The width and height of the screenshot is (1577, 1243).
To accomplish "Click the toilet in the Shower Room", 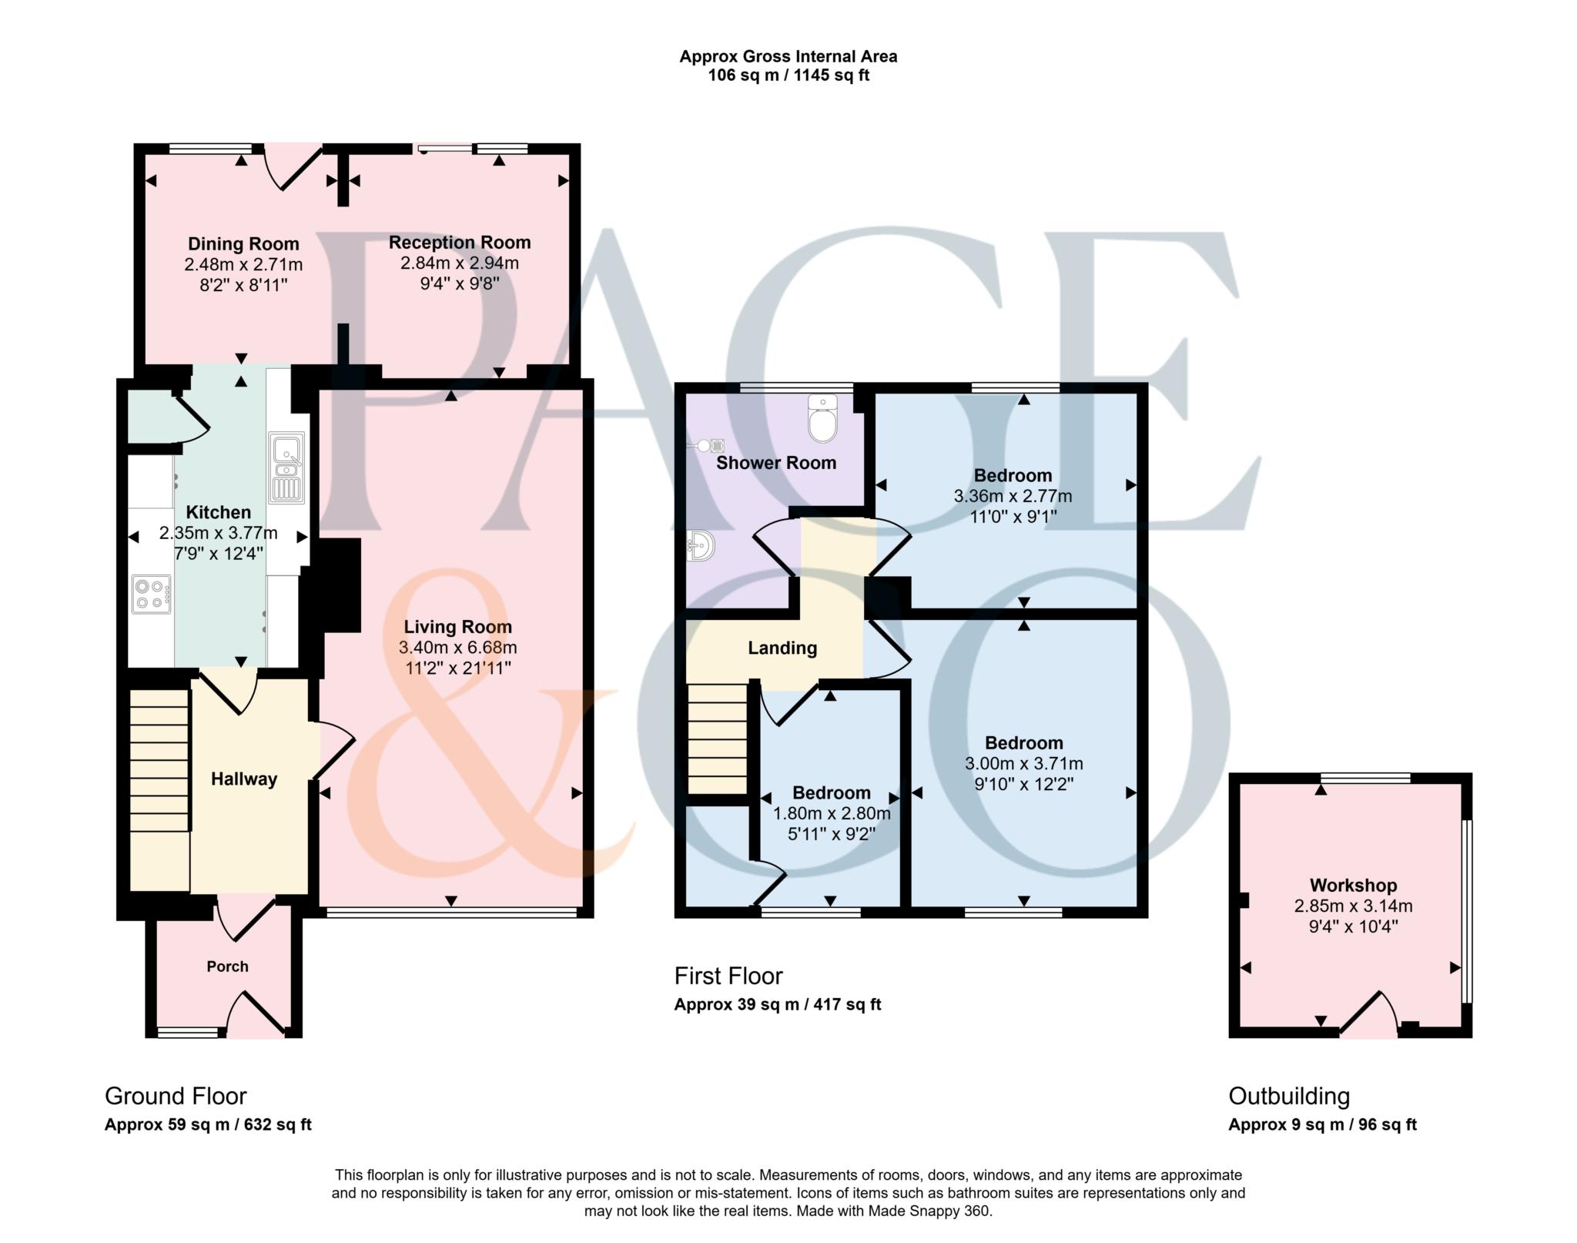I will point(822,420).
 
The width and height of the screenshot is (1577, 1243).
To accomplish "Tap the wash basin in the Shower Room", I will point(701,547).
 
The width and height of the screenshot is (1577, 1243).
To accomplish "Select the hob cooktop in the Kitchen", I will point(151,594).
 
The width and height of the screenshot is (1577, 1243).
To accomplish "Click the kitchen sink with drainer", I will point(286,467).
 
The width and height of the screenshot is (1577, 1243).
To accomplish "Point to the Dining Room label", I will point(243,244).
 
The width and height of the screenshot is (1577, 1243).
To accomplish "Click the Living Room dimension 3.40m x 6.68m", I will point(457,648).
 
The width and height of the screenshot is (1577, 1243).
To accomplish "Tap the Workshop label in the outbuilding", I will point(1353,886).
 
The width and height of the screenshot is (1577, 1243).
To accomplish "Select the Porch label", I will point(227,967).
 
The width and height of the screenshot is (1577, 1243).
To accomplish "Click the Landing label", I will point(782,648).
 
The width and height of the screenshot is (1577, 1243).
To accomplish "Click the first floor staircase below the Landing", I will point(718,739).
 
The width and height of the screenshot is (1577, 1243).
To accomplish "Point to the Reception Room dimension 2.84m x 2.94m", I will point(459,263).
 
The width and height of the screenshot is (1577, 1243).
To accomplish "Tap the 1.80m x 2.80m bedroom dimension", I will point(832,813).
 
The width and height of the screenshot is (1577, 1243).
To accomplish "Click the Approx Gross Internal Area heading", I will point(788,56).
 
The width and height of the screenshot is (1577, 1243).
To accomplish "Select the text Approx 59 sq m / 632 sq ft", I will point(208,1124).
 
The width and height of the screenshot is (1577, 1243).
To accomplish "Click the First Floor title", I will point(728,977).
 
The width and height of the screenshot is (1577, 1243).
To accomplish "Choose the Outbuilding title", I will point(1288,1096).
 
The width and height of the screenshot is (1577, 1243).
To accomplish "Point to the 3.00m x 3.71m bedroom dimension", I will point(1023,764).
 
